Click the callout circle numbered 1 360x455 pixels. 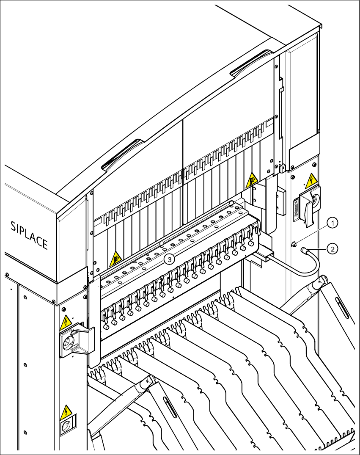(x=333, y=223)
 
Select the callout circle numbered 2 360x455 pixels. (x=333, y=249)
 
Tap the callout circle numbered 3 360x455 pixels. (x=170, y=259)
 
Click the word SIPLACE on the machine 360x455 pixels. (x=29, y=235)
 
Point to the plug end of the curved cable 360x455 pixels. (x=304, y=250)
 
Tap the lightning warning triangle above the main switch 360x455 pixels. (x=311, y=181)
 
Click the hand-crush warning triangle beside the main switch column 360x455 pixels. (x=252, y=180)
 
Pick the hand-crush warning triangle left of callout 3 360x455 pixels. (x=116, y=259)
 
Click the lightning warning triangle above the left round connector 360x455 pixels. (x=66, y=323)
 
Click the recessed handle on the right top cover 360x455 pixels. (x=252, y=64)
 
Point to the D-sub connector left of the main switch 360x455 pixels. (x=297, y=210)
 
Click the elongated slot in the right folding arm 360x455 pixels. (x=342, y=308)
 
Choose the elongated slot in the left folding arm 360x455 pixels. (x=170, y=407)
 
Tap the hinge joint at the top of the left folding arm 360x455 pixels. (x=146, y=383)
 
